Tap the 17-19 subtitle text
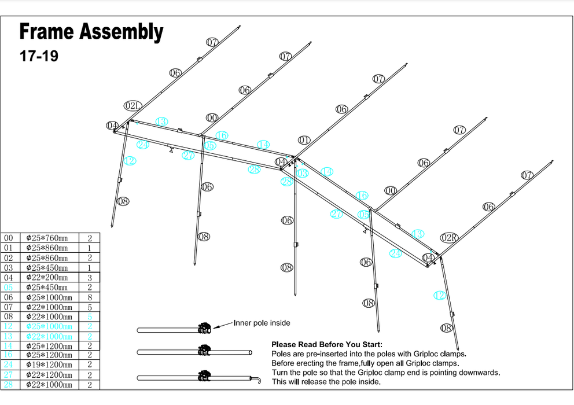tap(39, 57)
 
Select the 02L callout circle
tap(133, 106)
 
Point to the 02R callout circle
tap(449, 238)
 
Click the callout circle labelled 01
tap(304, 140)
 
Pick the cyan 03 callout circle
tap(302, 173)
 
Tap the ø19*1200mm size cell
tap(49, 365)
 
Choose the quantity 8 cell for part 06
tap(90, 297)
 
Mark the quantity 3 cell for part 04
tap(90, 278)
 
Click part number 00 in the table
tap(9, 238)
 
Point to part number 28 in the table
tap(9, 385)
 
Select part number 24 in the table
tap(9, 365)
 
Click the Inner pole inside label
tap(262, 323)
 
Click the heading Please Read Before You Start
tap(327, 345)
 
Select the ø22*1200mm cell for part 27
tap(49, 375)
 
